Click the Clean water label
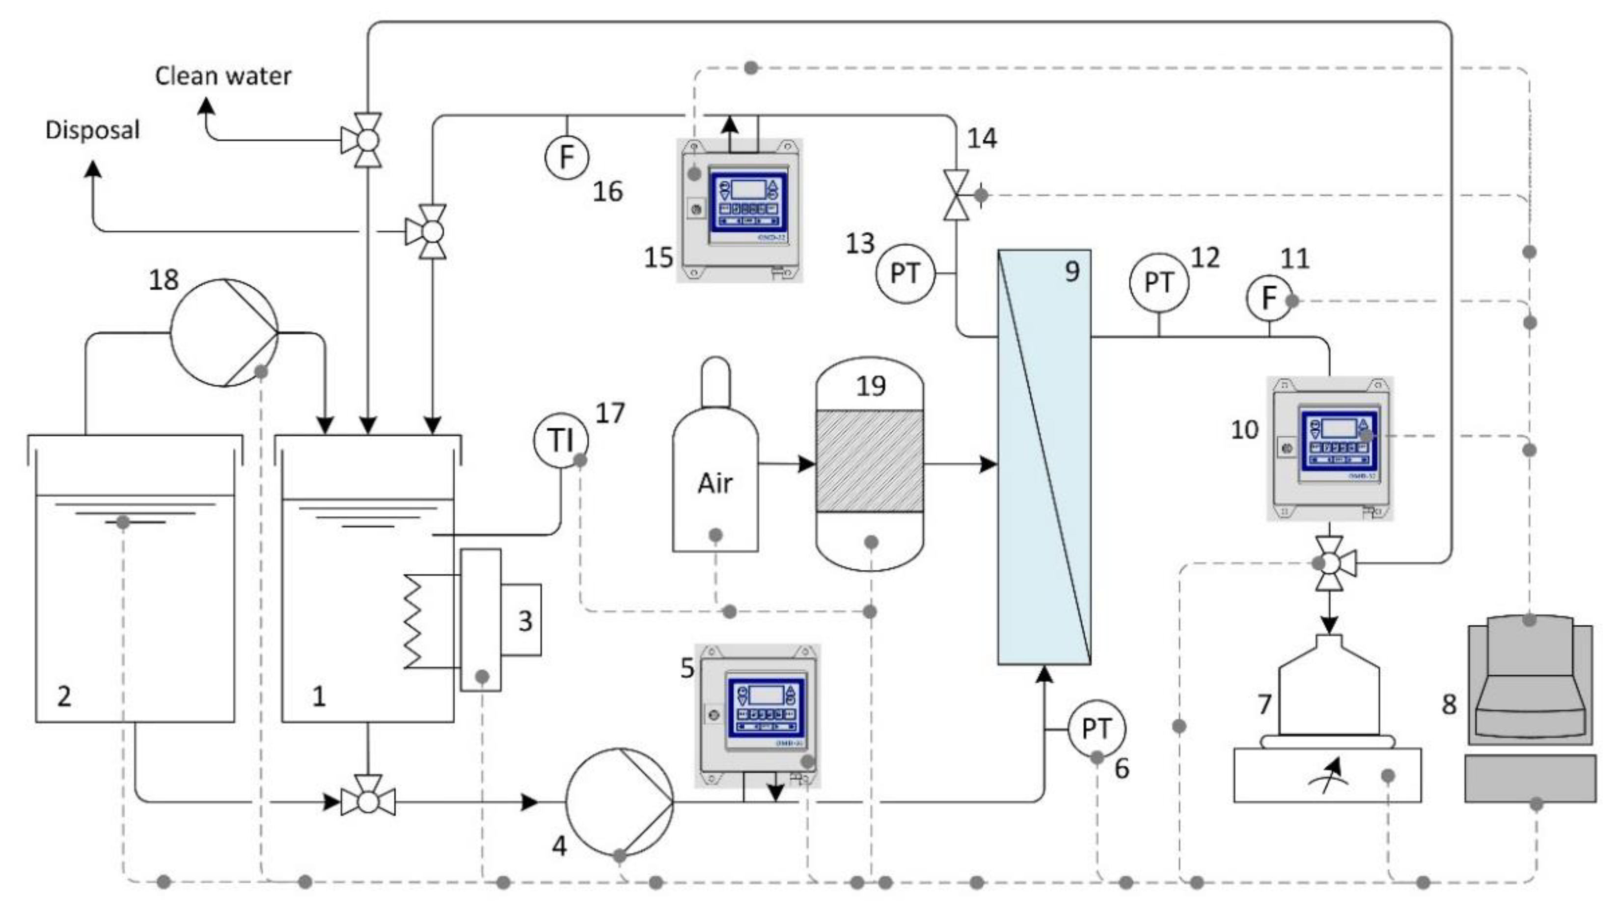(223, 76)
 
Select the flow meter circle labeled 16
(566, 157)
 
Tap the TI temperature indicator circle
(560, 440)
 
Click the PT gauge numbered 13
(905, 274)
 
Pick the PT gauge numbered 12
(1158, 283)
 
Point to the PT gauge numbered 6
(1096, 729)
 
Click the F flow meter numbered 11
(1268, 298)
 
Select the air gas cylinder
(715, 467)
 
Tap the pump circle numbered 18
(224, 333)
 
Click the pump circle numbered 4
(619, 802)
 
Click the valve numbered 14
(956, 195)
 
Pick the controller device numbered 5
(758, 715)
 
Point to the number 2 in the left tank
(64, 696)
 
